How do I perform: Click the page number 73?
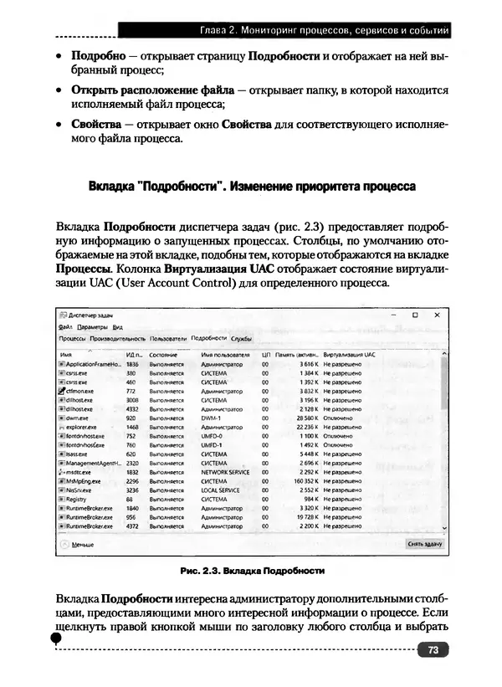tap(432, 649)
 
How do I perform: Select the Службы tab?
tap(242, 338)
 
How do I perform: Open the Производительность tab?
tap(112, 338)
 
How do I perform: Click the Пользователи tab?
tap(167, 338)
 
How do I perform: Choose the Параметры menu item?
tap(93, 326)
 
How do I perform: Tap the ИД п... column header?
tap(133, 355)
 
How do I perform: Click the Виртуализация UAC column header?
tap(350, 355)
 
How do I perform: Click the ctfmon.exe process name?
tap(80, 391)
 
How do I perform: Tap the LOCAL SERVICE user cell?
tap(221, 490)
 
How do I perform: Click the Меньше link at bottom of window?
tap(82, 543)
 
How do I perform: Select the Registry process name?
tap(76, 500)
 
